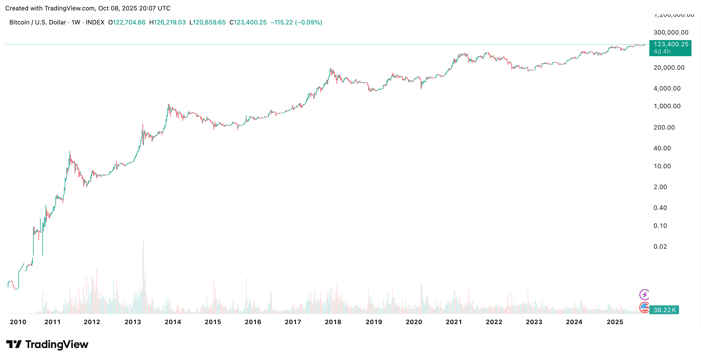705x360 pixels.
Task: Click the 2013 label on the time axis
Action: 133,322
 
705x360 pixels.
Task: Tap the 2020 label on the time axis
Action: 414,322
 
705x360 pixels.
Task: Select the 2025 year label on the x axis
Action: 615,322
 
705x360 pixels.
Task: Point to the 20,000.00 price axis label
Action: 669,68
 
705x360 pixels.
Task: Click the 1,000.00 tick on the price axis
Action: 667,106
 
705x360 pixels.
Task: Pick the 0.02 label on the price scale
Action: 660,247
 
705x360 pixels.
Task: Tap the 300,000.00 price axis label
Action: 671,33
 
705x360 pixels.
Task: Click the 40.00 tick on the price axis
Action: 662,148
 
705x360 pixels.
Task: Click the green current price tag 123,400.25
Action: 671,44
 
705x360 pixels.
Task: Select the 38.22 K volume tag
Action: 664,310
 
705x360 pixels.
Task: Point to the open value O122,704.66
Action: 127,22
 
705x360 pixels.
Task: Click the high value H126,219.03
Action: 167,22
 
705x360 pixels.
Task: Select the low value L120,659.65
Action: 207,22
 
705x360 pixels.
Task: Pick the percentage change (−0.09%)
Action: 309,22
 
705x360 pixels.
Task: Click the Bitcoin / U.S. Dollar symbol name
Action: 37,22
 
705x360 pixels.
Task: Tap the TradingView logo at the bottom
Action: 47,344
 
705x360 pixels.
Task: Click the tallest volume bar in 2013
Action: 143,276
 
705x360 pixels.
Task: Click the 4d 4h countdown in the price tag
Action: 662,52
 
